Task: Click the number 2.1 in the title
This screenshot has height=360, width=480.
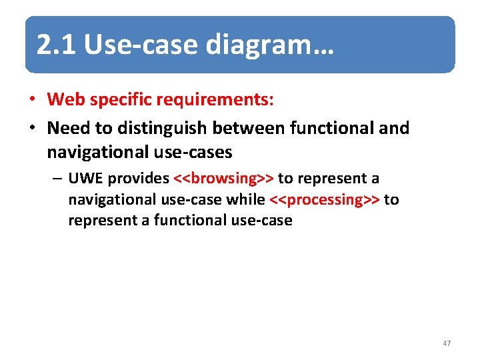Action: [57, 45]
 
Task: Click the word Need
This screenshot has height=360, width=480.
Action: [68, 127]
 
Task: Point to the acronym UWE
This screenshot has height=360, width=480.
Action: [85, 179]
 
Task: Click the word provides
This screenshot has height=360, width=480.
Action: [138, 179]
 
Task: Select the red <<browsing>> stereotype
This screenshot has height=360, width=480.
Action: [223, 179]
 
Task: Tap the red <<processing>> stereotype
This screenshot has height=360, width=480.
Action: [324, 199]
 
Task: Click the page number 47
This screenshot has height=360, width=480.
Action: [447, 343]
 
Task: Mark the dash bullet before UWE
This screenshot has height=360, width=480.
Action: [59, 179]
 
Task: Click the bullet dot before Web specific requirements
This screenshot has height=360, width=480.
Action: [31, 100]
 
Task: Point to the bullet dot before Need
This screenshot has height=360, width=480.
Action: [31, 127]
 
